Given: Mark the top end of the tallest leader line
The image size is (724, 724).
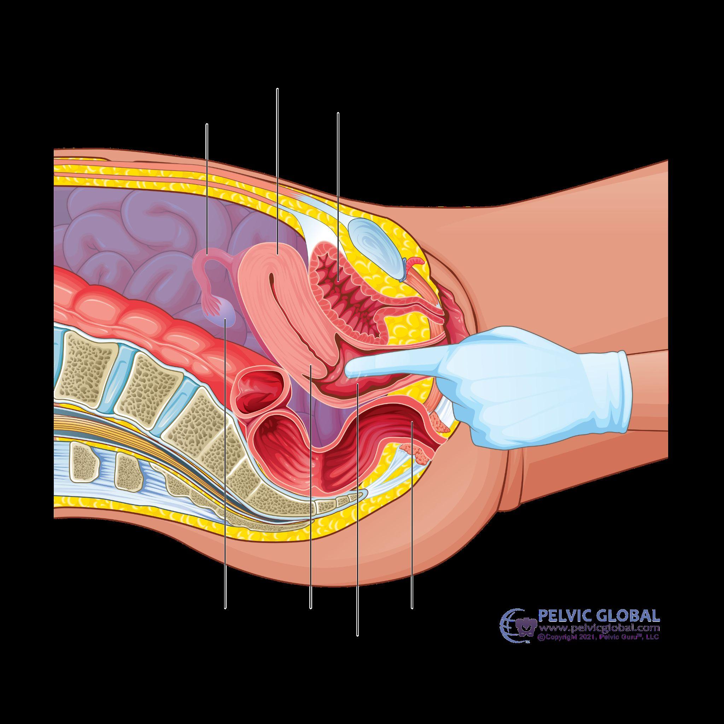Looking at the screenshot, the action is click(277, 89).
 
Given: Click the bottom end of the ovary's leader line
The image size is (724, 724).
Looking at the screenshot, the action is click(225, 608).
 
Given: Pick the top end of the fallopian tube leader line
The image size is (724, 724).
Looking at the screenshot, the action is click(207, 124).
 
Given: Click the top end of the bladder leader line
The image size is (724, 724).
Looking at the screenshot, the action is click(338, 112).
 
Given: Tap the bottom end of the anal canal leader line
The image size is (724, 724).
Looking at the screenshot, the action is click(412, 608).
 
